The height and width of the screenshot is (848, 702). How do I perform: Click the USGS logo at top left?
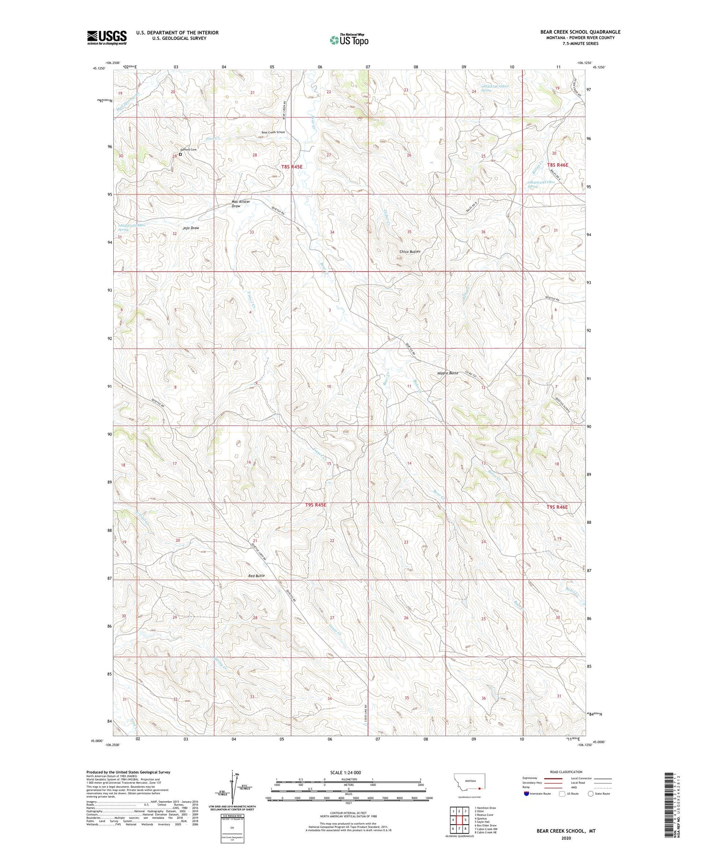tap(107, 37)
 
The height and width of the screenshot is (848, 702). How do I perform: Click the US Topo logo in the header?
tap(349, 40)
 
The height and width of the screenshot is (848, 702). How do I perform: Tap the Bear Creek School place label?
tap(273, 132)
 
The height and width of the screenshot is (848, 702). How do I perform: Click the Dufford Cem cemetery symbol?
tap(180, 154)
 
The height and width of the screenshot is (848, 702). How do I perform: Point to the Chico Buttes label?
tap(410, 252)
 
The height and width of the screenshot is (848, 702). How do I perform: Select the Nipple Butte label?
tap(447, 373)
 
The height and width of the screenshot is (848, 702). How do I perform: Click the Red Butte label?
tap(257, 576)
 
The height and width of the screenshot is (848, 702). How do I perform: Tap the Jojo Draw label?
tap(191, 228)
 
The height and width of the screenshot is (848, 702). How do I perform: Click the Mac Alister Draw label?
tap(241, 204)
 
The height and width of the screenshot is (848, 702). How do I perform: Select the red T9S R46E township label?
tap(557, 507)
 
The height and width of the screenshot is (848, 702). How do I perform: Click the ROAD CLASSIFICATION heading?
tap(566, 772)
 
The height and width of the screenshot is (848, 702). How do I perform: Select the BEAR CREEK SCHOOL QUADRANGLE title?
tap(580, 32)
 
